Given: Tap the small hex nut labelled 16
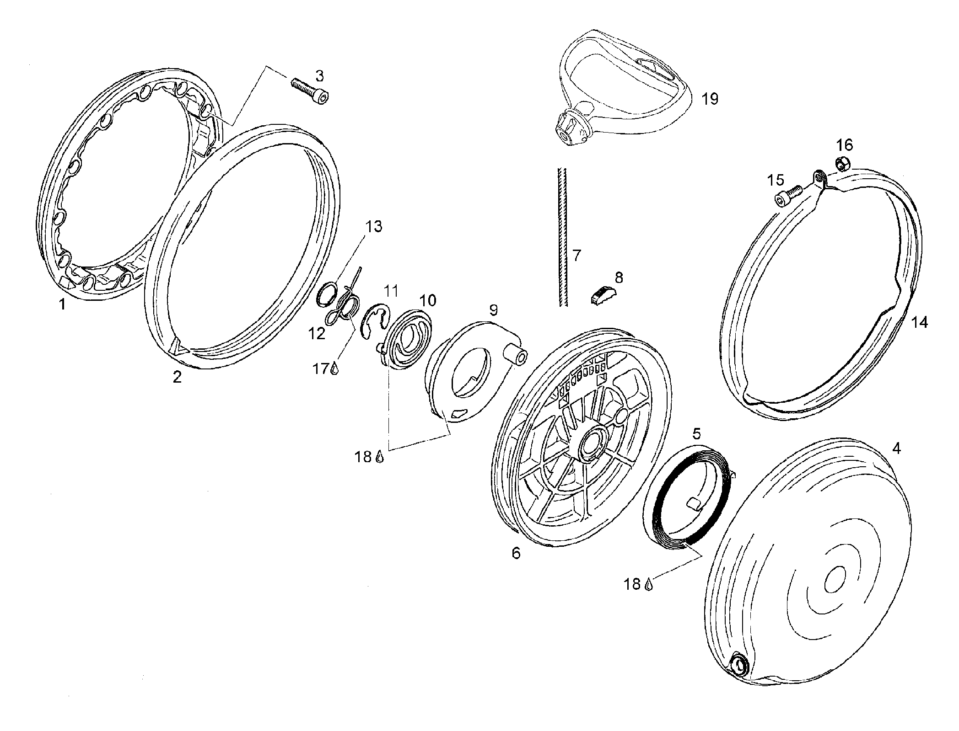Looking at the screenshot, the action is pyautogui.click(x=843, y=163).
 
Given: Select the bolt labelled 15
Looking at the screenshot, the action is pyautogui.click(x=788, y=195).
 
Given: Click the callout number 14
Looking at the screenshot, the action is pyautogui.click(x=919, y=322).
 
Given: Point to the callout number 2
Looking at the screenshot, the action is pyautogui.click(x=177, y=377).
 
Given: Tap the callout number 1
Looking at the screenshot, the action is pyautogui.click(x=62, y=304).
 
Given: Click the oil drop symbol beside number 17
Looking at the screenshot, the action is pyautogui.click(x=335, y=368).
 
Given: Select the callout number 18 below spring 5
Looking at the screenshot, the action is pyautogui.click(x=633, y=584).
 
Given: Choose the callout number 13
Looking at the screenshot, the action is pyautogui.click(x=374, y=226).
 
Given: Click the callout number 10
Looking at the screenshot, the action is pyautogui.click(x=427, y=300).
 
